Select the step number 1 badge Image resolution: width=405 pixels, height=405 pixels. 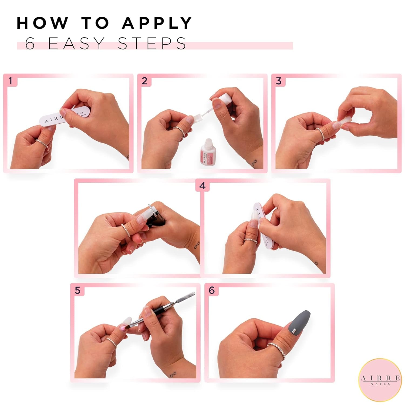pos(11,81)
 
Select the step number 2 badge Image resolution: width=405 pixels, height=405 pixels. pos(144,81)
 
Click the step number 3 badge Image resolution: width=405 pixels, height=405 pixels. pos(278,81)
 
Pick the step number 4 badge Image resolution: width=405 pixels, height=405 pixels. pos(202,186)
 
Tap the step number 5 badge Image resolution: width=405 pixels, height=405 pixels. pos(77,290)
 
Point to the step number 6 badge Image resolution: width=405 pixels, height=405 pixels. pos(211,290)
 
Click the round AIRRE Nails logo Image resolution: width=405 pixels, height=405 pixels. pos(380,380)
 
